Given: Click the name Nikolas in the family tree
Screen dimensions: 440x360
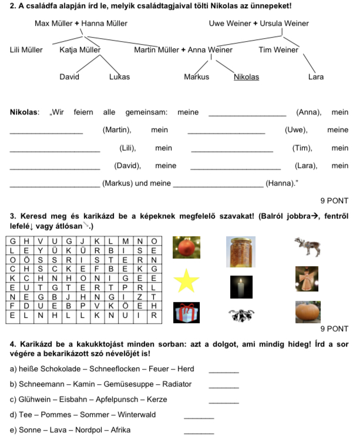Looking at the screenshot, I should [246, 76].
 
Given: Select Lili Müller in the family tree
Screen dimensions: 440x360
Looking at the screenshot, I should [26, 50].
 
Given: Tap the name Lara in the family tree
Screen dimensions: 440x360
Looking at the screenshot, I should [315, 76].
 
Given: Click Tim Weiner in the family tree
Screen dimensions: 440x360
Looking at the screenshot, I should [278, 50].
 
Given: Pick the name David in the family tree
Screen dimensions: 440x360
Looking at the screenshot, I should [69, 76].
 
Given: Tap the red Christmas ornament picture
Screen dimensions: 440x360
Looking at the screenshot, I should [186, 247].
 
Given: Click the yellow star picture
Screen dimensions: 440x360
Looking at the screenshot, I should [186, 281].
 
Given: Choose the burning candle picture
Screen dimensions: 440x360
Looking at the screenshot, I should [241, 287].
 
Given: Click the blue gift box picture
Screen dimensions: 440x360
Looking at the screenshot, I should [186, 313].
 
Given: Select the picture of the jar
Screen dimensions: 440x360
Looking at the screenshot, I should [241, 251].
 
